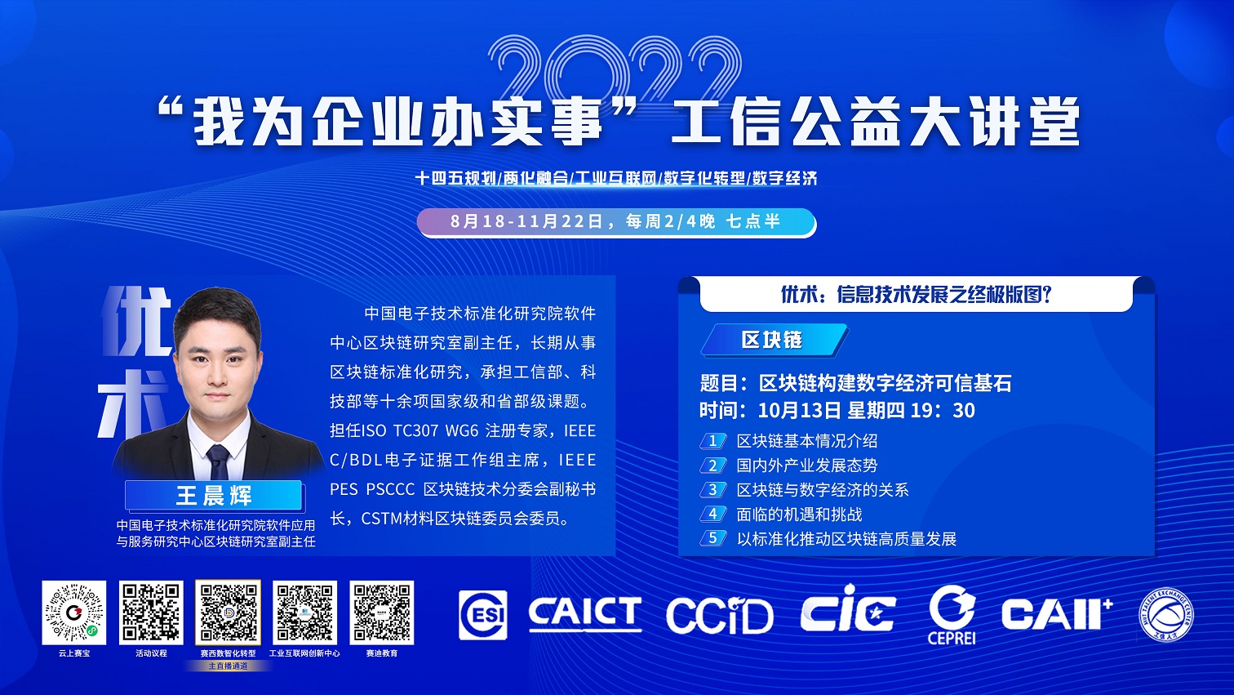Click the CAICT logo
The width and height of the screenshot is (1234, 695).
(585, 613)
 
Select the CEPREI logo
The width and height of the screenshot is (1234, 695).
(952, 614)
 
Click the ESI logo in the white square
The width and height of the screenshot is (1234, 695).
(483, 614)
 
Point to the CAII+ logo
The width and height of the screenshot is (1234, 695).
(1057, 613)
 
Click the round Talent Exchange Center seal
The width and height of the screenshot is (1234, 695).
(1165, 614)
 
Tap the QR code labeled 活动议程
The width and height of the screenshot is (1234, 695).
(151, 613)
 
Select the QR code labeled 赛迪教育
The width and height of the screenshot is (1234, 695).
(382, 613)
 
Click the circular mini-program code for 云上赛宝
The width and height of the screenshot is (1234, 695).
(73, 613)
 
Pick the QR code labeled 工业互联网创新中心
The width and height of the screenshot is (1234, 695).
(304, 613)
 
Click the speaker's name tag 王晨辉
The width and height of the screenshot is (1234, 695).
(214, 496)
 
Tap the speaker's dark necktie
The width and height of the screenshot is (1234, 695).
(218, 462)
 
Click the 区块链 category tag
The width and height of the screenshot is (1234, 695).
(774, 340)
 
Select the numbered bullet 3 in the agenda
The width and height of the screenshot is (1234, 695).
(712, 489)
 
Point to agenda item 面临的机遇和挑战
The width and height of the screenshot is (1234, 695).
(799, 515)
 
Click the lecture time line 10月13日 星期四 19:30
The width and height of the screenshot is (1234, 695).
(837, 410)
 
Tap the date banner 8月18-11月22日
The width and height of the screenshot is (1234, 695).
(616, 222)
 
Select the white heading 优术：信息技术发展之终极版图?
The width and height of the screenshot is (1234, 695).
(917, 294)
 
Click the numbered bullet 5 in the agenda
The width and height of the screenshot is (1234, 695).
(712, 538)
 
